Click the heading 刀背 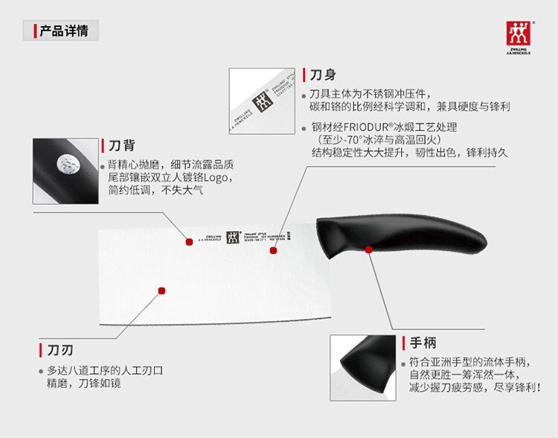pos(121,146)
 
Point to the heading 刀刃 pos(60,350)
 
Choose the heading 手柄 pos(423,343)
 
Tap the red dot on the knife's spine pos(190,241)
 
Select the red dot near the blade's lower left pos(161,290)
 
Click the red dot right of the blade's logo pos(273,251)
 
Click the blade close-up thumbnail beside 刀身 pos(263,101)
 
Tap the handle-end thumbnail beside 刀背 pos(65,171)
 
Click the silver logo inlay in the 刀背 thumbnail pos(71,165)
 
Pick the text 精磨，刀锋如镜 pos(84,384)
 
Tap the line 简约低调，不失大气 pos(155,191)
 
